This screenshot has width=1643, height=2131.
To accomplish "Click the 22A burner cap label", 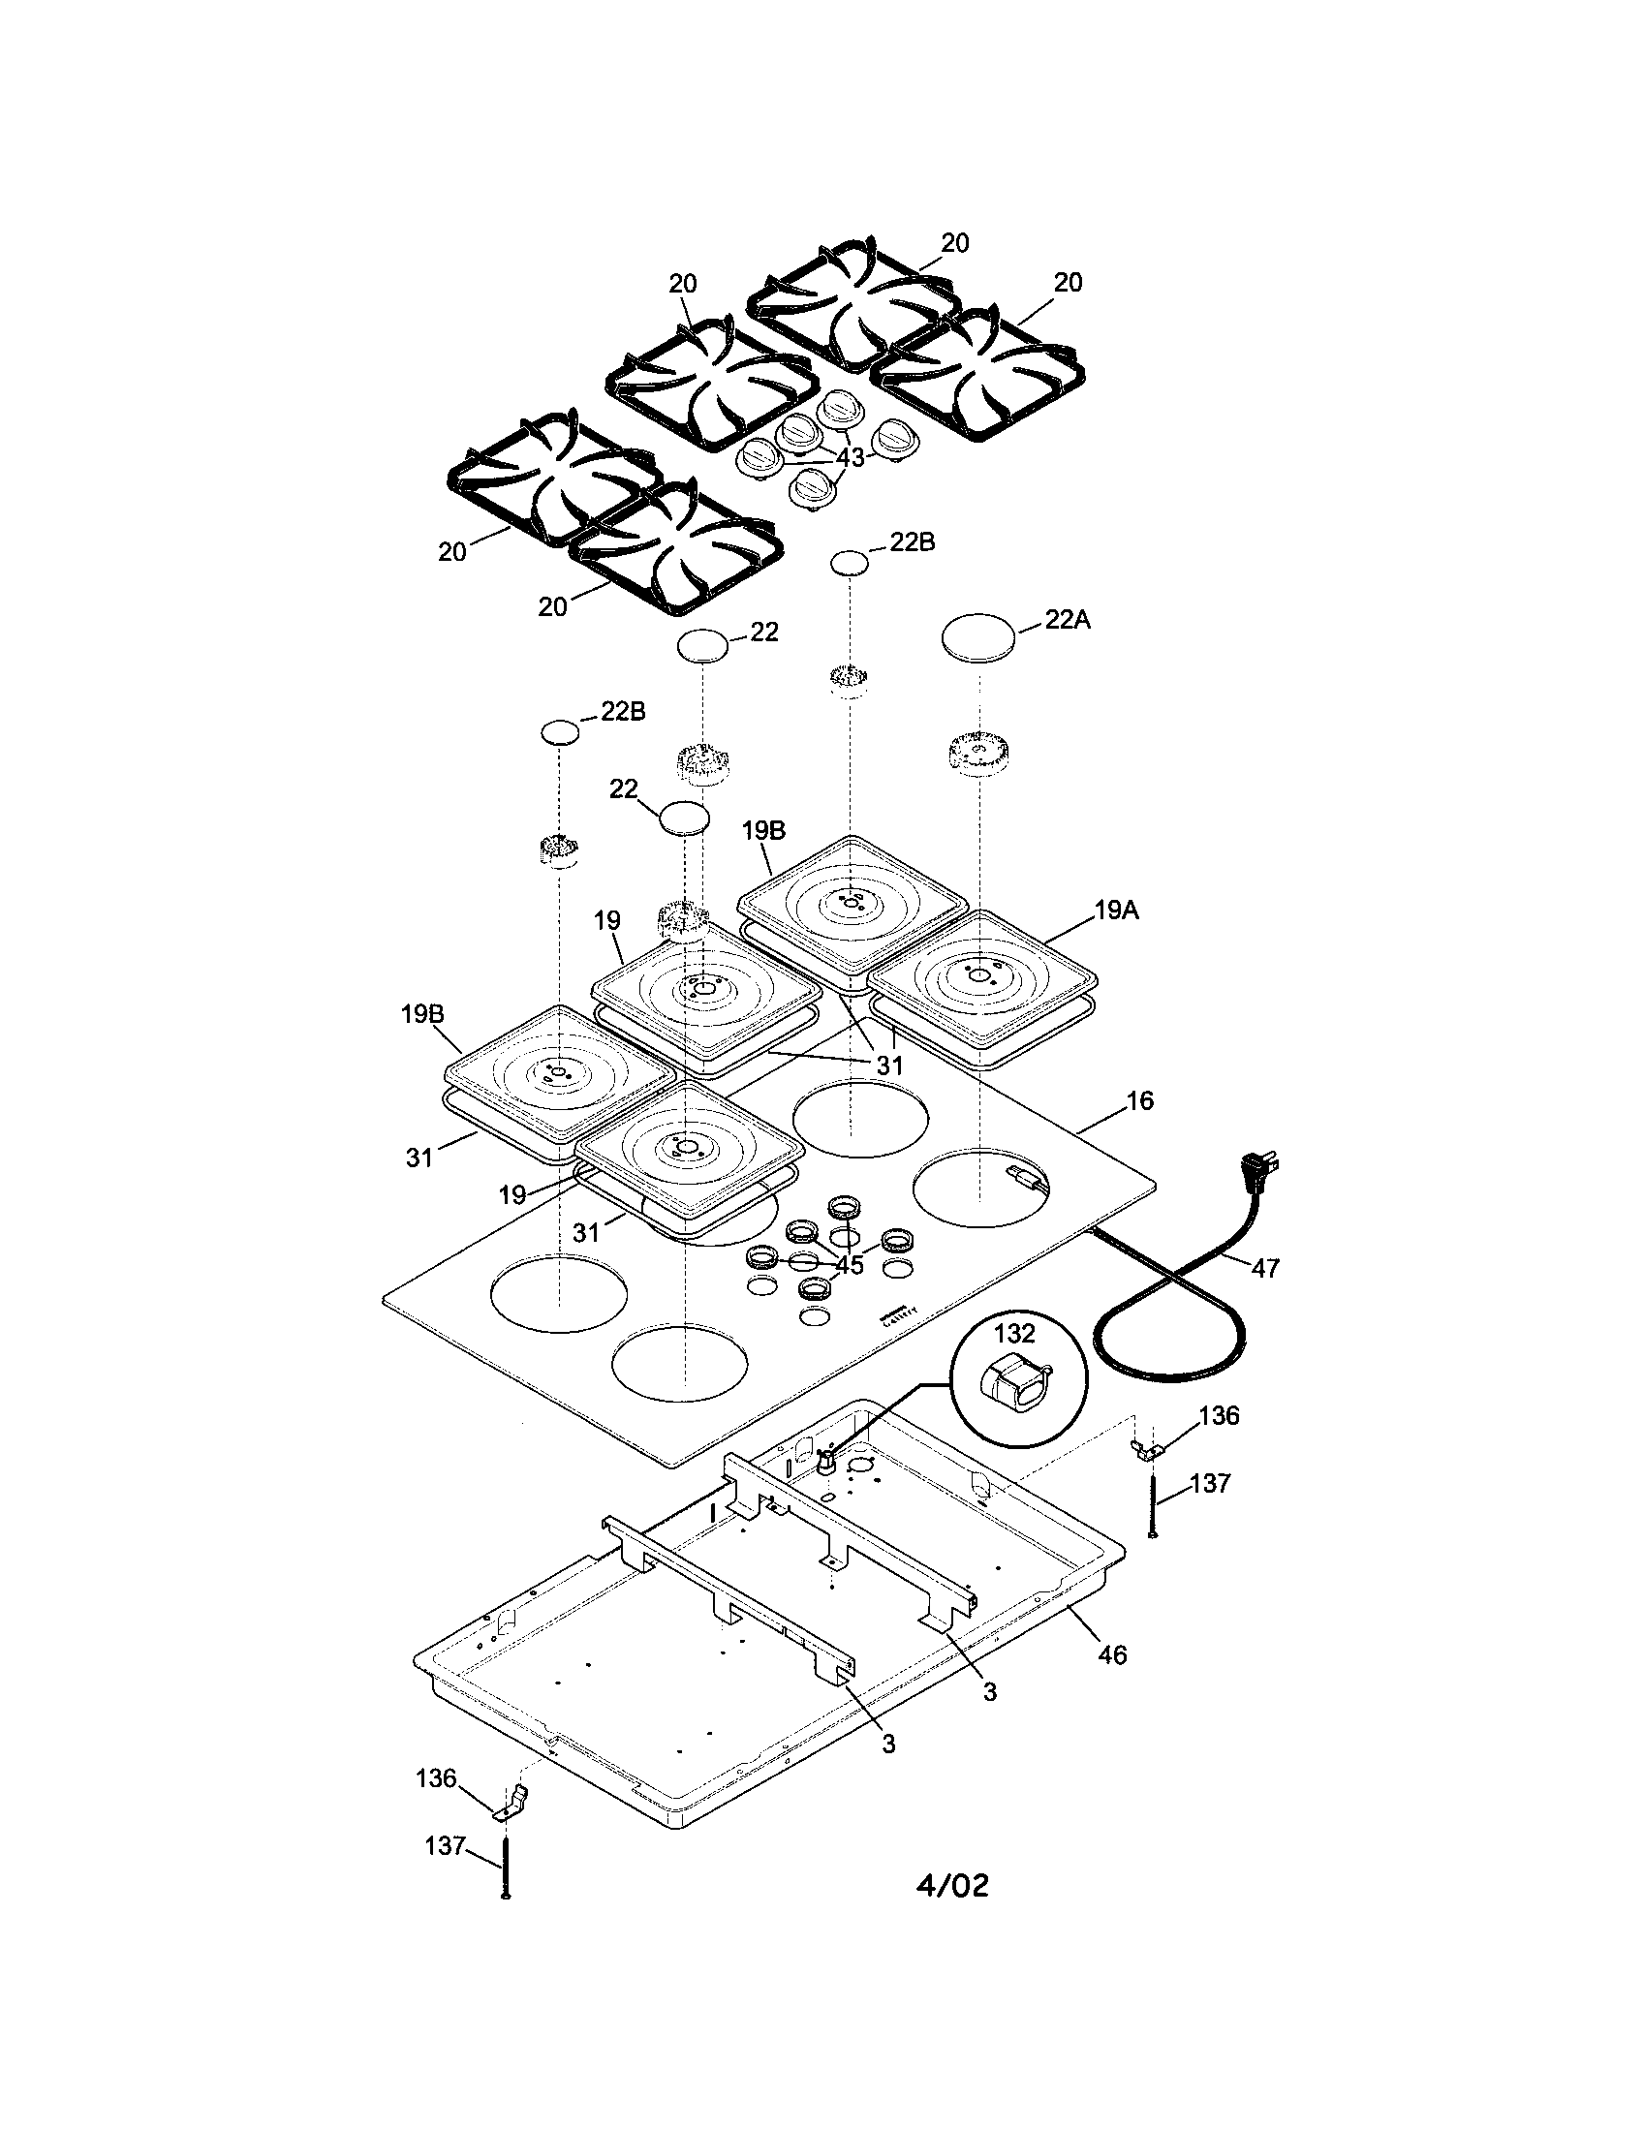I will click(x=1067, y=620).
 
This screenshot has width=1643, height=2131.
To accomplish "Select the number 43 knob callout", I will click(x=850, y=457).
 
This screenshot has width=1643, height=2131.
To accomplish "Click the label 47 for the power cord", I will click(x=1264, y=1268).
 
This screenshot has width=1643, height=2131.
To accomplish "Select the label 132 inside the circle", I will click(x=1014, y=1333).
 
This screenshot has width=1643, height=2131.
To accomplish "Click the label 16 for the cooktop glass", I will click(x=1139, y=1100).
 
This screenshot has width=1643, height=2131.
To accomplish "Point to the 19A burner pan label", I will click(x=1116, y=911).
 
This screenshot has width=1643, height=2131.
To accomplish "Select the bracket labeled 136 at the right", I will click(x=1144, y=1451).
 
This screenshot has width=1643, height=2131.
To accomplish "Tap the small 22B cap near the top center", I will click(x=849, y=562).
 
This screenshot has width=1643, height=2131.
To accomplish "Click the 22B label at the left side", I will click(x=623, y=711).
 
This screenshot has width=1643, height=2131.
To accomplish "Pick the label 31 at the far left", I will click(x=419, y=1158).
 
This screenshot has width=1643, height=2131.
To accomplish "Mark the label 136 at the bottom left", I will click(x=436, y=1777).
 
